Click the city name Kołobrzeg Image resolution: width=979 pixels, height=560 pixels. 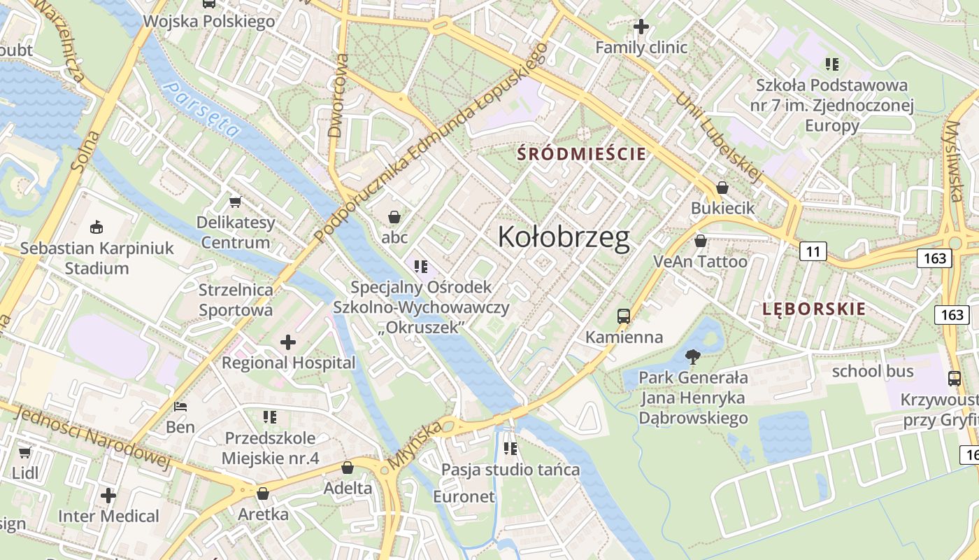click(564, 238)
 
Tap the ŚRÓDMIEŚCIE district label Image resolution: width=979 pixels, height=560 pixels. click(581, 154)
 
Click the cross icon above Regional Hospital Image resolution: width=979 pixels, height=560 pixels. click(288, 342)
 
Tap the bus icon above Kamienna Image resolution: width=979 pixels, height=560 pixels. click(624, 316)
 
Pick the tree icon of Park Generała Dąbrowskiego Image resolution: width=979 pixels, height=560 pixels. click(693, 357)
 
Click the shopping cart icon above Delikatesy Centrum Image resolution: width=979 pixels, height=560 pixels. click(235, 202)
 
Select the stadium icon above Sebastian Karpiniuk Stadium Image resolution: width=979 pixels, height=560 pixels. click(97, 227)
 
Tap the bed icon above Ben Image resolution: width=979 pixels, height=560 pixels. click(180, 406)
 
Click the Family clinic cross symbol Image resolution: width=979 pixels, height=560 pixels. click(641, 27)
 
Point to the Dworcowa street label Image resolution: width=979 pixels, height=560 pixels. click(337, 95)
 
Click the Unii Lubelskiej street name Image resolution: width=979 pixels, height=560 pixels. click(717, 137)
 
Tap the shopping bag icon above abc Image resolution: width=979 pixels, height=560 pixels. click(394, 216)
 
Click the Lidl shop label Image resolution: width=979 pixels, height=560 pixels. click(25, 472)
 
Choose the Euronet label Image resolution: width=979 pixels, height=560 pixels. click(464, 497)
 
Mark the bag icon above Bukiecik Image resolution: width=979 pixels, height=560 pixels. click(722, 188)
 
